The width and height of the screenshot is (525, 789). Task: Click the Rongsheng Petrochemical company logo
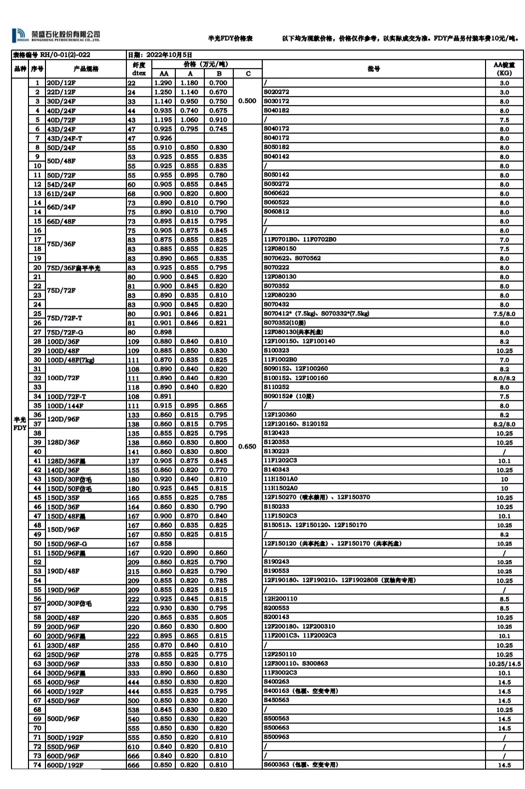[56, 35]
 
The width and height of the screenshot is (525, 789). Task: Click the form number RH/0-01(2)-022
[51, 55]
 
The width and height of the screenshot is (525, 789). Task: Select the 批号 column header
[374, 68]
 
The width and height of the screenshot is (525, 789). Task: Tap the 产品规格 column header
[86, 68]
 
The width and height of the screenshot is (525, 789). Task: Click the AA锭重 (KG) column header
[504, 68]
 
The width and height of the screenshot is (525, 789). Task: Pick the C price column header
[248, 73]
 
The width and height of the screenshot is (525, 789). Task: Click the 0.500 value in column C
[247, 101]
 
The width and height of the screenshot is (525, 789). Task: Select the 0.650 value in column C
[247, 446]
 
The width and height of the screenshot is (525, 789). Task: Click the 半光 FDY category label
[20, 424]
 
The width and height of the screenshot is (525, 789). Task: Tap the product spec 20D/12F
[61, 83]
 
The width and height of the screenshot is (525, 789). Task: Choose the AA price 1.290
[163, 83]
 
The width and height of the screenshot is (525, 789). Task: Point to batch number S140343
[276, 470]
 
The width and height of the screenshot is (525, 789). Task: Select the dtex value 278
[133, 654]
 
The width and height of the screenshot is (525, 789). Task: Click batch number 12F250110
[280, 654]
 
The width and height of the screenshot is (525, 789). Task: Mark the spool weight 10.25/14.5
[504, 663]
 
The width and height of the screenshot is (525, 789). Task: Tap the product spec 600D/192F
[65, 765]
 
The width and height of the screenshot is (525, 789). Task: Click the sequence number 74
[37, 765]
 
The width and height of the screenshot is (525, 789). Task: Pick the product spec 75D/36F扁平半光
[73, 268]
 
